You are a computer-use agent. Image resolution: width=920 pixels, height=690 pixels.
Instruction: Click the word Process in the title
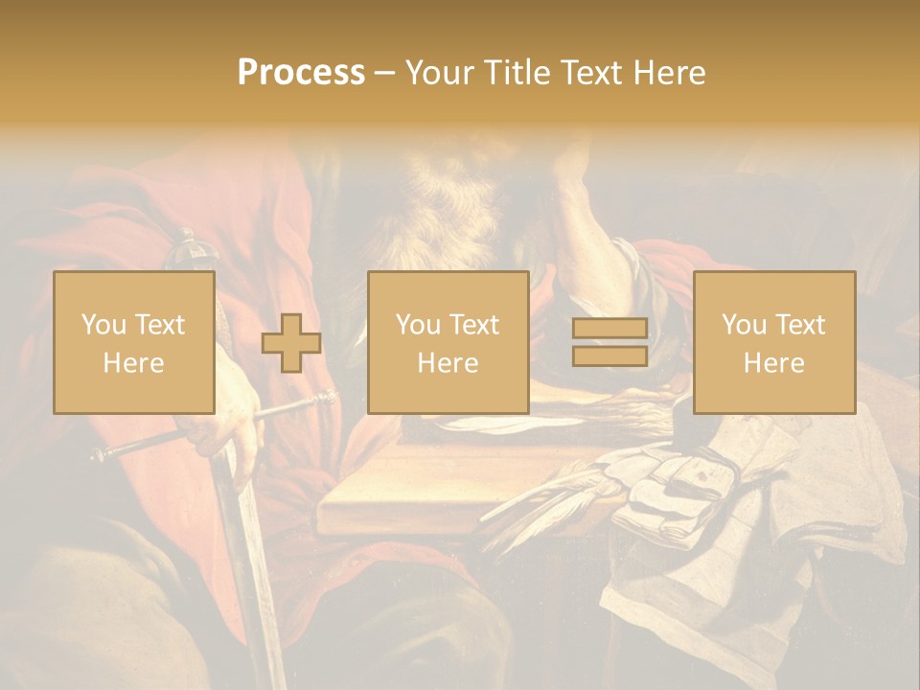coord(301,73)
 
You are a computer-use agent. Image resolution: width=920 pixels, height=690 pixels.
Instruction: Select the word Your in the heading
coord(437,73)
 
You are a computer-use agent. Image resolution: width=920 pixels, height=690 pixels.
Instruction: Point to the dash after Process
coord(384,74)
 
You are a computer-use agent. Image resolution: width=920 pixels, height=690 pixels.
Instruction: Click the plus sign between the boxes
coord(291,342)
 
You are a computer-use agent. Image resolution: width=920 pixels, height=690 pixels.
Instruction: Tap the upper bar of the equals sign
coord(609,328)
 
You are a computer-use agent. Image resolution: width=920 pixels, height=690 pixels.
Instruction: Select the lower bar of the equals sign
coord(609,356)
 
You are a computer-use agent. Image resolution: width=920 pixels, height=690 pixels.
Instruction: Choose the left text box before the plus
coord(134,342)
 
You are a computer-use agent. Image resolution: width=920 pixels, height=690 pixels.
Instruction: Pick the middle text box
coord(448,342)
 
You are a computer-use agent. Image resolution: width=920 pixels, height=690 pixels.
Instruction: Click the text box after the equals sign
coord(773,342)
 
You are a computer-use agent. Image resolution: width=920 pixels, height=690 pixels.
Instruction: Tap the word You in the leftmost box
coord(102,325)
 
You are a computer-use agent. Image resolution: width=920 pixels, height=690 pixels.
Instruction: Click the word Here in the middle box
coord(448,363)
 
